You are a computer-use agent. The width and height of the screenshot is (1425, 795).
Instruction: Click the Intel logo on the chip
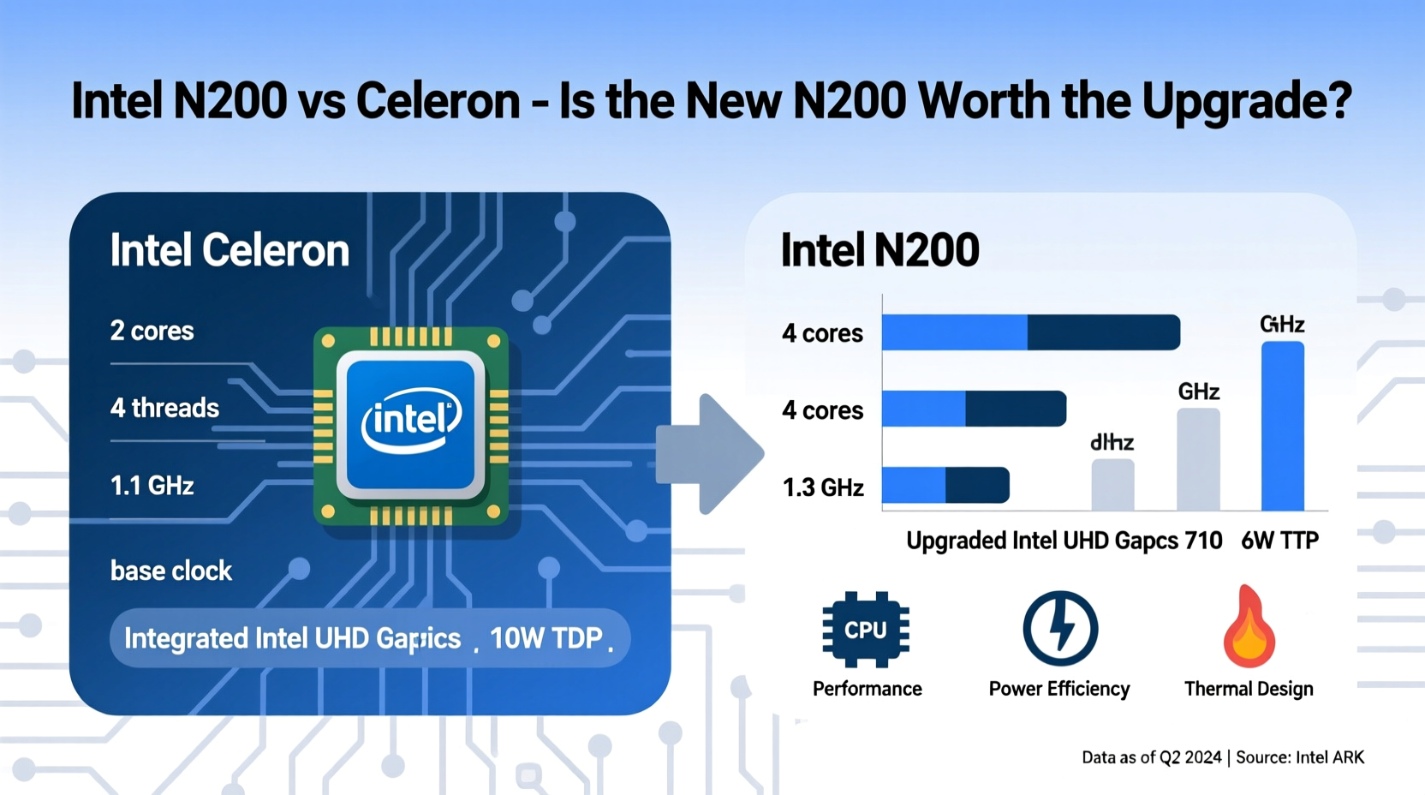(412, 421)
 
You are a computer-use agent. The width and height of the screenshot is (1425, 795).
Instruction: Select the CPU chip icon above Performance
(866, 630)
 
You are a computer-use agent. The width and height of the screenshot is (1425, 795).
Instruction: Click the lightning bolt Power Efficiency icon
(1060, 629)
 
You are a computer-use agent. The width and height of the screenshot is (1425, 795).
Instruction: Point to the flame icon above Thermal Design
(1249, 628)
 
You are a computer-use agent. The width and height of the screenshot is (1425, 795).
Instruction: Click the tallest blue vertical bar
(1283, 426)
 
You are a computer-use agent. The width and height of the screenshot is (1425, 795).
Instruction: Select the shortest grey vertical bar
(1112, 485)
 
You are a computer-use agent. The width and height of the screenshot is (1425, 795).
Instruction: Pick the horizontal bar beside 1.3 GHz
(945, 485)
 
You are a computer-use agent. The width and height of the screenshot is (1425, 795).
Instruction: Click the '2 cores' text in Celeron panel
(152, 331)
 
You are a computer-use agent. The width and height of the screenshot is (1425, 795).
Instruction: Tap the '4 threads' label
(164, 408)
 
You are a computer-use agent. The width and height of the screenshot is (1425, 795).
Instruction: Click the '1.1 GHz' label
(152, 487)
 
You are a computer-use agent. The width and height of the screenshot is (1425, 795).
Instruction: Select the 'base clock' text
(171, 571)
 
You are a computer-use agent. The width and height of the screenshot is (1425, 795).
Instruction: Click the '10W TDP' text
(546, 638)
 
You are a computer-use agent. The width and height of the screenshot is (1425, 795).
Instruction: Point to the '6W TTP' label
(1279, 541)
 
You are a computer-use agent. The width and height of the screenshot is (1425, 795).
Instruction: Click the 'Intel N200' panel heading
(879, 250)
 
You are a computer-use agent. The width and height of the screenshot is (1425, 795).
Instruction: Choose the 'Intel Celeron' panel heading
(230, 250)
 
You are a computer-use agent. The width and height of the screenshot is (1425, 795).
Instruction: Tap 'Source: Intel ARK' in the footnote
(1300, 757)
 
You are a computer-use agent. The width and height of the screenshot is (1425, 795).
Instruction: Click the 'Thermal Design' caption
(1249, 689)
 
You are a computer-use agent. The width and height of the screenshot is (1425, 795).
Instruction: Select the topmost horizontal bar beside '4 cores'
(1031, 332)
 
